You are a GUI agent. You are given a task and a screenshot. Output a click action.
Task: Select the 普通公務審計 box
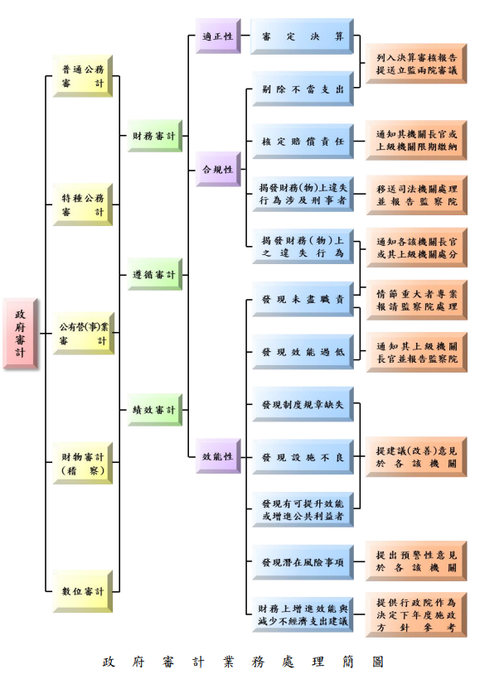(83, 76)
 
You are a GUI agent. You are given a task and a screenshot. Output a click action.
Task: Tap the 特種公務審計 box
(83, 205)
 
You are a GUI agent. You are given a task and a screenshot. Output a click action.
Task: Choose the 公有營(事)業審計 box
(83, 334)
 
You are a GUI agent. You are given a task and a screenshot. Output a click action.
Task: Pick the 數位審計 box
(83, 591)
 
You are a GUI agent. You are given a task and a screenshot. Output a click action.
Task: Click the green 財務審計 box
(154, 135)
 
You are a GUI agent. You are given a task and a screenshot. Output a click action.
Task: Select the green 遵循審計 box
(154, 274)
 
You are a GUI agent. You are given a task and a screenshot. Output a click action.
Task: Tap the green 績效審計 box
(154, 409)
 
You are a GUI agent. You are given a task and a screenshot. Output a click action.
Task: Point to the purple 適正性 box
(218, 36)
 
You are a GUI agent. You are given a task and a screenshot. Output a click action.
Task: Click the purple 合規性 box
(218, 169)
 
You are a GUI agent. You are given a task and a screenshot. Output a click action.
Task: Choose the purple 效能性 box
(218, 456)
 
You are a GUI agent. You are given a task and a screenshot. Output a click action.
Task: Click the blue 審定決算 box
(303, 37)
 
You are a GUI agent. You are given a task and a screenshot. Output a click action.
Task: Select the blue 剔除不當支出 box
(303, 89)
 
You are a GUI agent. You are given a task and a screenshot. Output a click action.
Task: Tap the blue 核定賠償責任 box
(303, 142)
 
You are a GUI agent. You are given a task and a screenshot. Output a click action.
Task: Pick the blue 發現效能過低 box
(303, 352)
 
